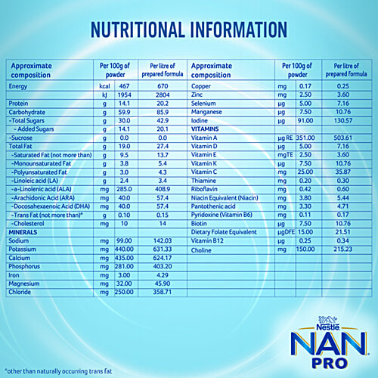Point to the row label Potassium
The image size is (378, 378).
24,249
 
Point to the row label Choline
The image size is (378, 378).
203,249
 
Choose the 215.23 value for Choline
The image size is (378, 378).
345,249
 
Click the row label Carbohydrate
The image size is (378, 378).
29,111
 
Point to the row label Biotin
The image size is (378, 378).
200,223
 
